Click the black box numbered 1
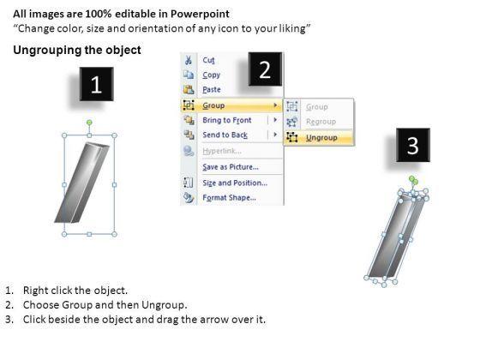click(96, 84)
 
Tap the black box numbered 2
click(265, 69)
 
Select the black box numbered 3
click(413, 145)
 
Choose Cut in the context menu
click(208, 60)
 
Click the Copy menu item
click(211, 75)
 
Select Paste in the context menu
click(212, 89)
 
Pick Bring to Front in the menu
click(227, 120)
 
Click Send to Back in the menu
click(225, 135)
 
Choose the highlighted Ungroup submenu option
click(321, 138)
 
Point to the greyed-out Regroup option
click(321, 122)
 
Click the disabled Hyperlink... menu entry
click(222, 151)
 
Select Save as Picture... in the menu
click(231, 167)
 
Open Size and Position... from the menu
click(235, 183)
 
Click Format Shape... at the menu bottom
click(230, 197)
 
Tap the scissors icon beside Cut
click(189, 60)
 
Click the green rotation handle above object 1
click(89, 123)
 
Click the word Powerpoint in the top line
click(200, 14)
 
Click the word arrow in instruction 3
click(214, 320)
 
